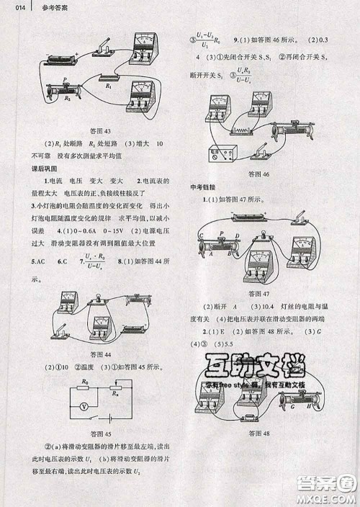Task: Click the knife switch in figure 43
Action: click(x=103, y=48)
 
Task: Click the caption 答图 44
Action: click(x=96, y=354)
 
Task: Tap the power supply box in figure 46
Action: click(x=219, y=154)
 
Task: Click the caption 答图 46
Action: click(x=257, y=174)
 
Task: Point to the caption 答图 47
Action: click(x=256, y=294)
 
